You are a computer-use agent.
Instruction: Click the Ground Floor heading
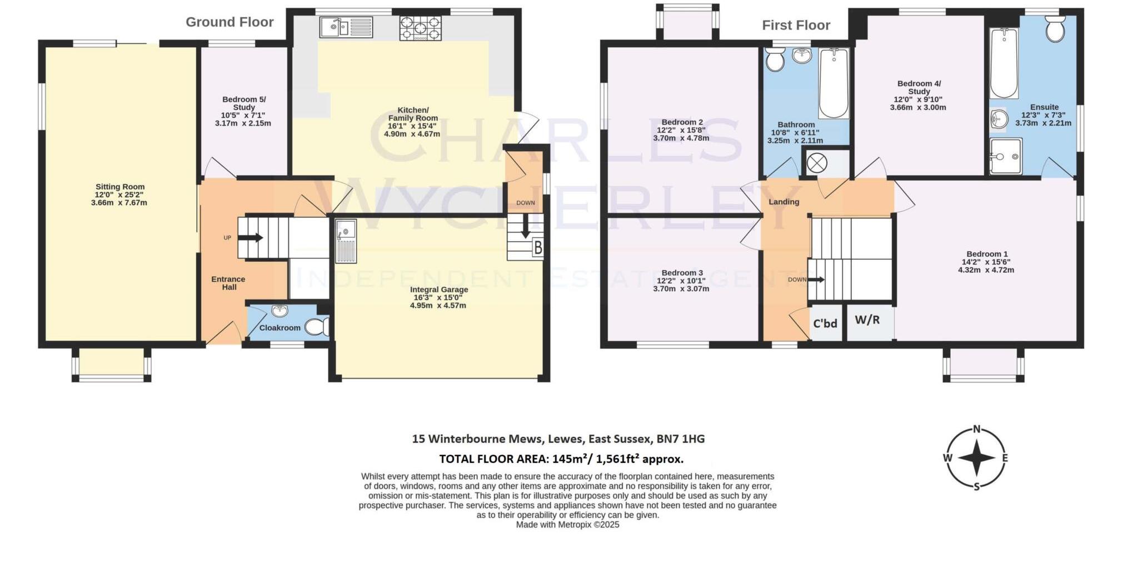point(229,22)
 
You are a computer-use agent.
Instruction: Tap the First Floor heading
point(796,26)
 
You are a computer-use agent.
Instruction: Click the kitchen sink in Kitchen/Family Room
point(346,27)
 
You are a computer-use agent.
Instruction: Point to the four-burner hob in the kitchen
point(420,28)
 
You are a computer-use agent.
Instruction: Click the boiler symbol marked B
point(537,248)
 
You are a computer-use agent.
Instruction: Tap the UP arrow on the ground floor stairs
point(251,238)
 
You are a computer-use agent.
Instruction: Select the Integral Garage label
point(439,290)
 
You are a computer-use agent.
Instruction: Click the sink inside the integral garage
point(346,240)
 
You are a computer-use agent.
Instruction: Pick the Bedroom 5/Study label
point(244,103)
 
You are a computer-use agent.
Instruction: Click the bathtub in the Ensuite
point(1004,63)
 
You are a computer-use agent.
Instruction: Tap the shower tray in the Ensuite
point(1005,156)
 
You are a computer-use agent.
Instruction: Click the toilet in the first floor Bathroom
point(773,59)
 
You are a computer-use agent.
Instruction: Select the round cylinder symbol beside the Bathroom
point(817,163)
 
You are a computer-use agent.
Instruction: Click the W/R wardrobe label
point(867,320)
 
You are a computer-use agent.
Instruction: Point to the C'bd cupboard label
point(825,323)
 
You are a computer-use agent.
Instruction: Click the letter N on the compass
point(976,429)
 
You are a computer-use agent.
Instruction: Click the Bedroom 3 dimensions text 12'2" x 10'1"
point(681,281)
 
